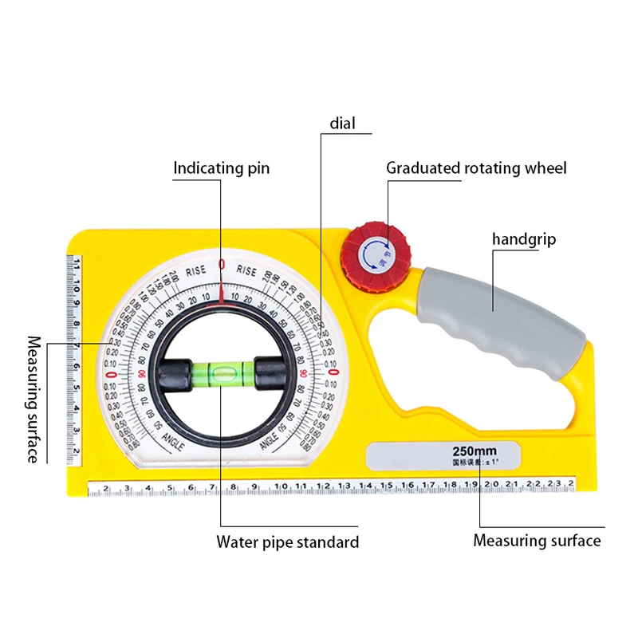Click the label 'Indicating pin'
tap(222, 168)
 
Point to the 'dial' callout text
tap(343, 124)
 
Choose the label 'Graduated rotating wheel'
tap(476, 168)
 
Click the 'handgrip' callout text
tap(523, 239)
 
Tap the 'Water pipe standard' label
tap(288, 542)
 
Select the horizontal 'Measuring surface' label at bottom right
tap(537, 541)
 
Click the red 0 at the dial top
tap(222, 264)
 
